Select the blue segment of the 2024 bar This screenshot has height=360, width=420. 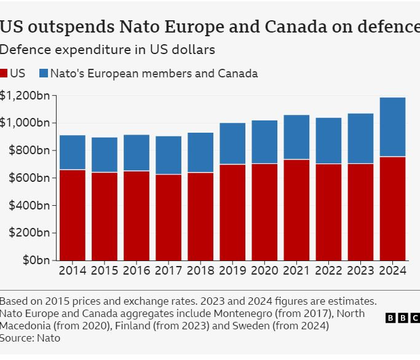pos(392,127)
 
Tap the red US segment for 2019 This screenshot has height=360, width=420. pos(232,212)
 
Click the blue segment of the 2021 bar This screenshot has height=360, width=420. pos(296,137)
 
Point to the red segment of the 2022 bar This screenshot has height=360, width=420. pos(328,212)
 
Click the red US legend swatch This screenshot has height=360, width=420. pos(4,74)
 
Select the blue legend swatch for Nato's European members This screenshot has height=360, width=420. pos(43,74)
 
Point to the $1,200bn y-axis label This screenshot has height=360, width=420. pos(25,96)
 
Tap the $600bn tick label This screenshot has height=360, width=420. pos(29,178)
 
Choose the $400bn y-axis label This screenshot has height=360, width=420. pos(29,205)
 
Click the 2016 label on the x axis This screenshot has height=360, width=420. pos(137,270)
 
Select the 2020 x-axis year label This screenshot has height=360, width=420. pos(264,270)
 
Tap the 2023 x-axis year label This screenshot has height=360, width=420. pos(360,270)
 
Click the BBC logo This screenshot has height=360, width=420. pos(402,318)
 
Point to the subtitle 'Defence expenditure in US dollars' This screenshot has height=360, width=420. pos(107,49)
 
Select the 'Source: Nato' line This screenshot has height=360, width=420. pos(30,338)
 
